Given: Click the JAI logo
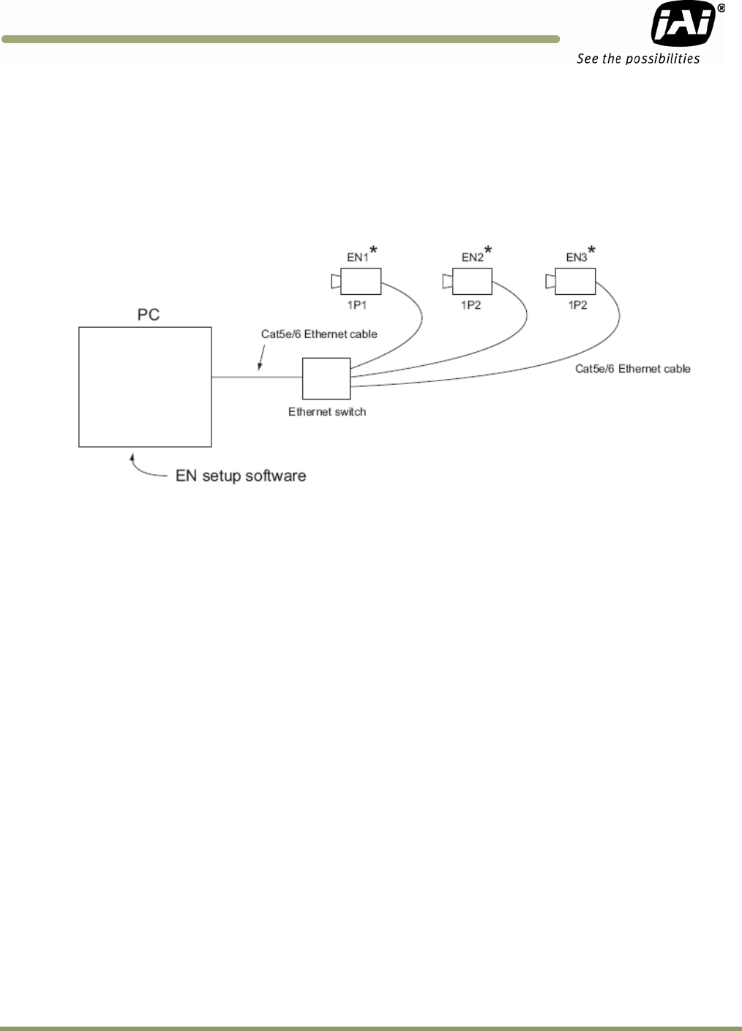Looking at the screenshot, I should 683,24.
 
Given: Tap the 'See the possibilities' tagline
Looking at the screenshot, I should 638,59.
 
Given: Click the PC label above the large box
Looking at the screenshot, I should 149,315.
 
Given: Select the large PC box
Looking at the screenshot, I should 145,386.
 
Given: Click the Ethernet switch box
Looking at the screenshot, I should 326,378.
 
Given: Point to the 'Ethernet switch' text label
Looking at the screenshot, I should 327,412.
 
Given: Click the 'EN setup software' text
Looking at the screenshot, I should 241,476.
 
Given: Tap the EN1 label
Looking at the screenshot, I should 357,257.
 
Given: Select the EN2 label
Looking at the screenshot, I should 472,257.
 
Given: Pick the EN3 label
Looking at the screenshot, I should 576,257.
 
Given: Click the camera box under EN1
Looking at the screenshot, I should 360,281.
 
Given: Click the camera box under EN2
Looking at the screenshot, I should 472,281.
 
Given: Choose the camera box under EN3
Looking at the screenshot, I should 575,281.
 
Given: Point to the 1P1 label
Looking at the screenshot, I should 357,305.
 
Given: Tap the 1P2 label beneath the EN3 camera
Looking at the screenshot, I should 577,305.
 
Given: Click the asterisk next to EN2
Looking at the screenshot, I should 488,251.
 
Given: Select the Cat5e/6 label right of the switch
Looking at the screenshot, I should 633,369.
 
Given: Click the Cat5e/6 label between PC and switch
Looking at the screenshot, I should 319,334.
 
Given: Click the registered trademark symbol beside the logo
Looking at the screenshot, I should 721,8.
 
